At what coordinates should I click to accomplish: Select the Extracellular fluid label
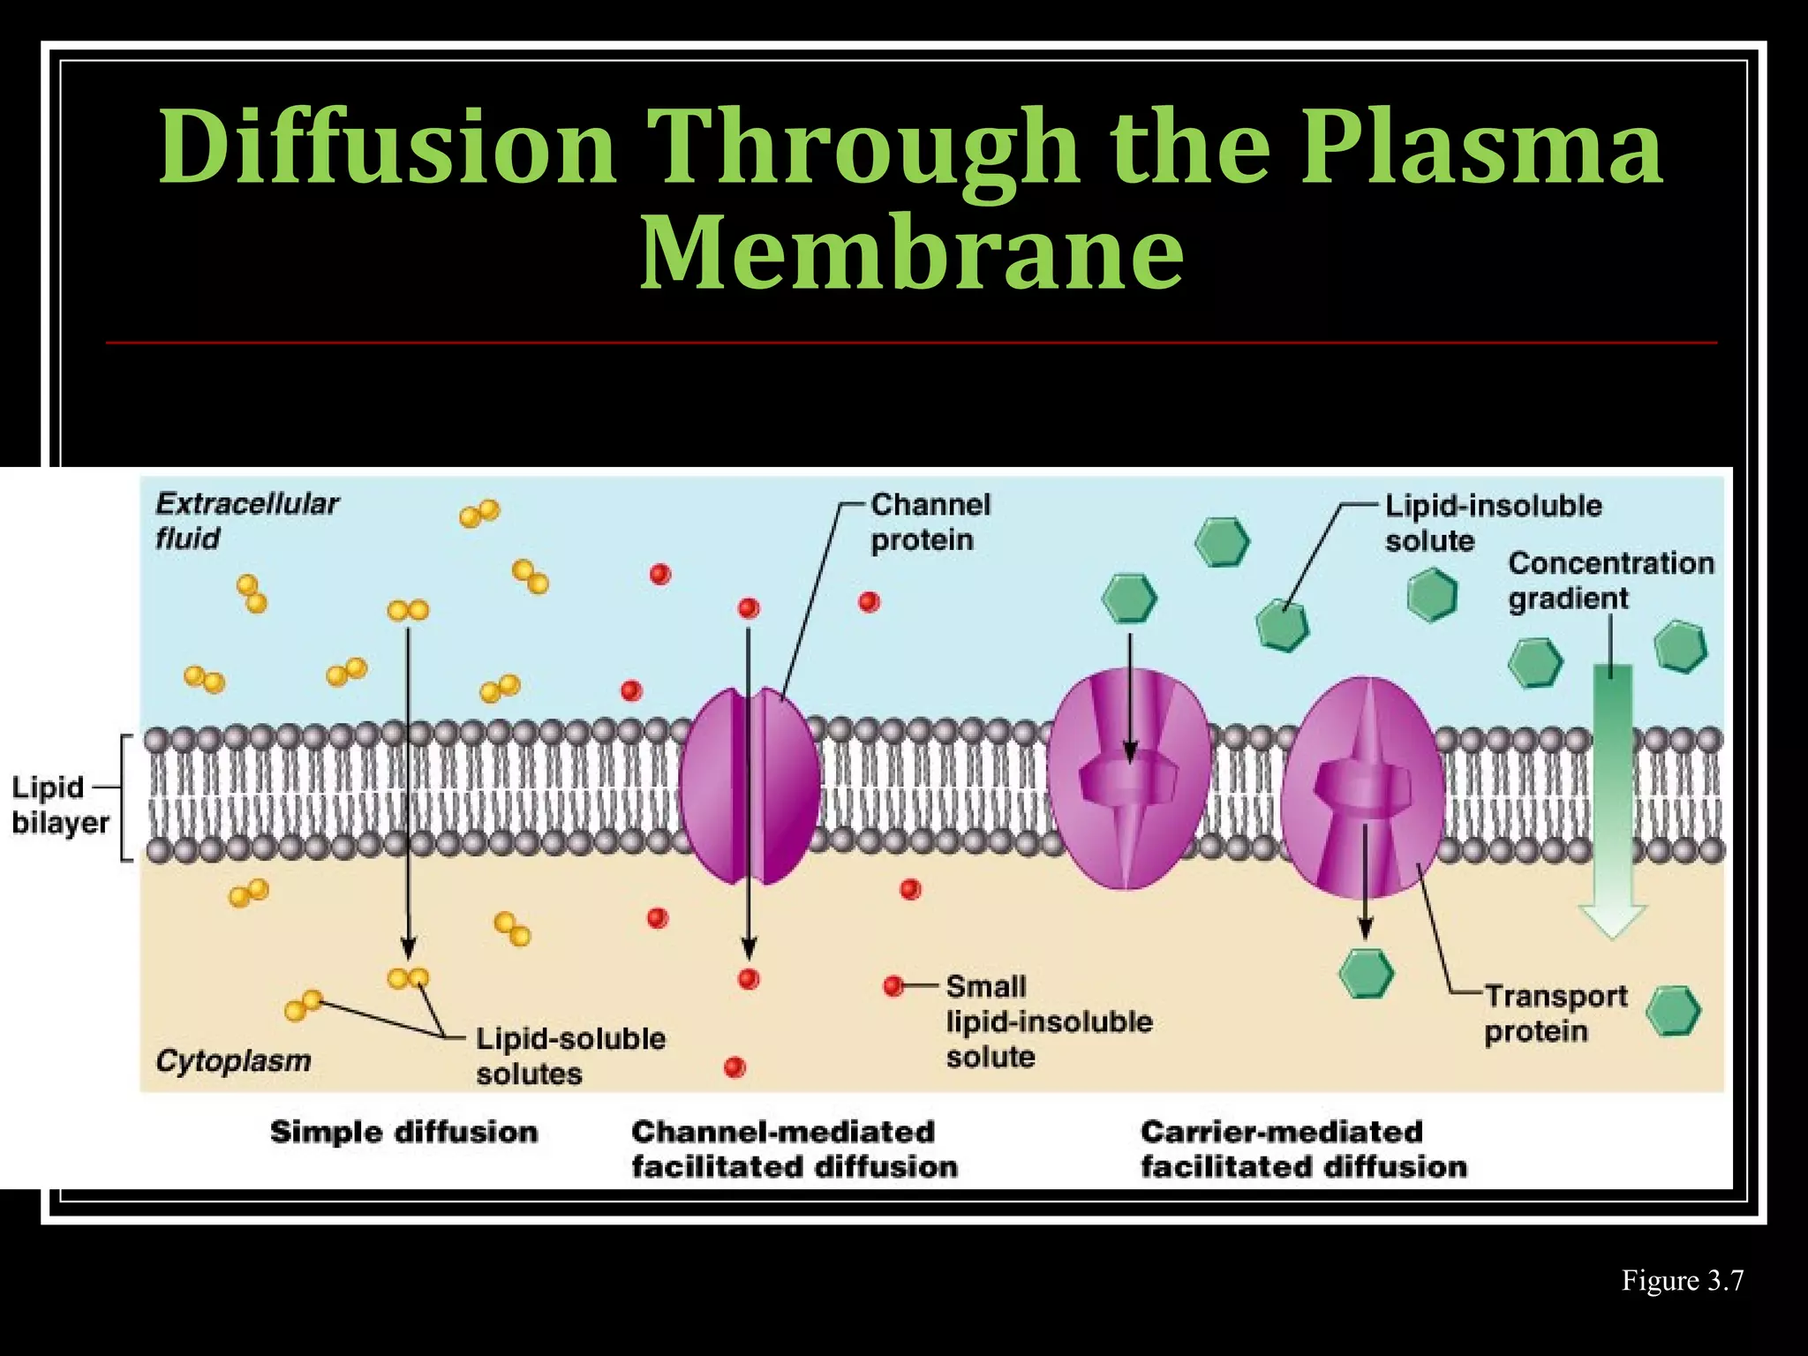[x=246, y=521]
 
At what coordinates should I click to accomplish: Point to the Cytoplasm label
[x=233, y=1060]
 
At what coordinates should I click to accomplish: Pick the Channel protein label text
[x=930, y=522]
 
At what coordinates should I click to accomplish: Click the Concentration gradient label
[x=1609, y=580]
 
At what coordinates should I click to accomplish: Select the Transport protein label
[x=1555, y=1013]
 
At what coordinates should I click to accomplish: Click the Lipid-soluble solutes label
[x=569, y=1056]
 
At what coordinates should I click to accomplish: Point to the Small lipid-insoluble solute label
[x=1048, y=1021]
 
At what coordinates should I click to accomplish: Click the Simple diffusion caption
[x=403, y=1132]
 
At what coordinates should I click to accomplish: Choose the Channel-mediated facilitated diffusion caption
[x=794, y=1149]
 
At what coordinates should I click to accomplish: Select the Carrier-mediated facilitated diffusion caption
[x=1303, y=1149]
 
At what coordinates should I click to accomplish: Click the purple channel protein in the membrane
[x=749, y=786]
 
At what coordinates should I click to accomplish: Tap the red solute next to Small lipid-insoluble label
[x=893, y=984]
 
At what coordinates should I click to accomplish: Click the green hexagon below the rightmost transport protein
[x=1366, y=973]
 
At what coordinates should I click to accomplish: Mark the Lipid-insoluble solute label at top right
[x=1492, y=523]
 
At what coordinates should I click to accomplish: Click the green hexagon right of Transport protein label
[x=1675, y=1011]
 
